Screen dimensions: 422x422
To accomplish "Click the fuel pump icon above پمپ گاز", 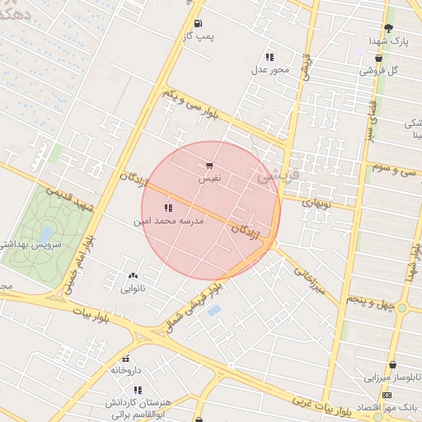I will (x=198, y=24).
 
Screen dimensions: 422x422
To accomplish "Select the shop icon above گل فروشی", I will (x=378, y=59).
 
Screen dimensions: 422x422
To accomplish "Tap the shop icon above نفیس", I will (x=209, y=166).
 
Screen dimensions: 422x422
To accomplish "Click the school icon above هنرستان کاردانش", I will (x=138, y=389).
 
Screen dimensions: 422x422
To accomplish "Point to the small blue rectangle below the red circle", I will (x=214, y=311).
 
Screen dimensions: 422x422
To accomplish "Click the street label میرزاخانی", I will (x=306, y=280).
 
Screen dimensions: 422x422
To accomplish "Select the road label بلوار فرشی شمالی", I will (x=191, y=308).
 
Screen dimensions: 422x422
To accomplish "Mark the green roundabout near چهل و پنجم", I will (x=401, y=307).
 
